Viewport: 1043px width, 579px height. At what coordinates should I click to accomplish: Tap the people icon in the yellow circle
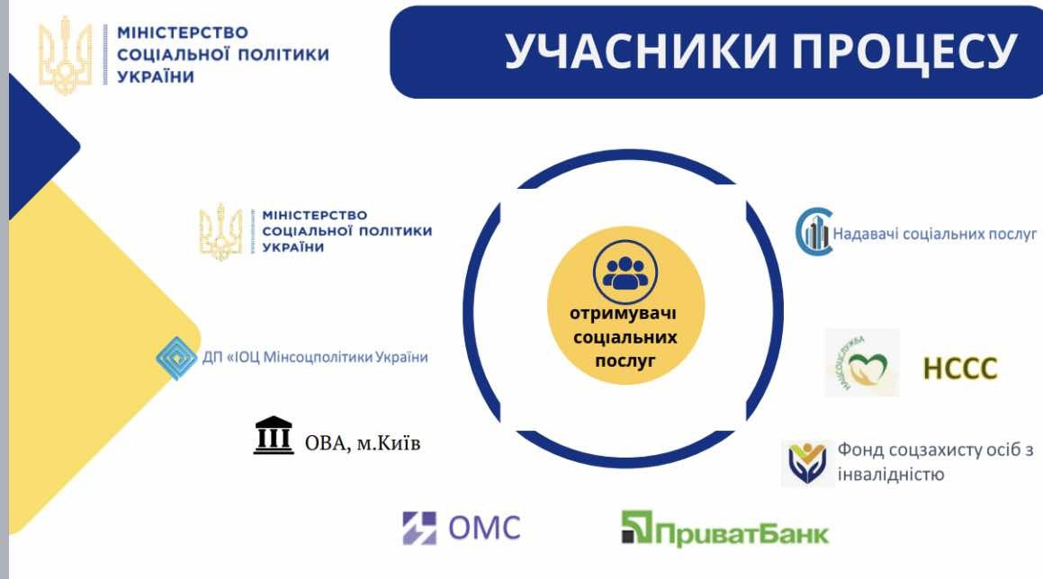[x=625, y=272]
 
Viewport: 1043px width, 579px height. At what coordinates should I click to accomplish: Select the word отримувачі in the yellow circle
[x=624, y=314]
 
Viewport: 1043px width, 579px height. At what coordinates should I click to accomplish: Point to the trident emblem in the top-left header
[x=65, y=55]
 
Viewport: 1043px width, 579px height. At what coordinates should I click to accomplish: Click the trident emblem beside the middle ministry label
[x=220, y=232]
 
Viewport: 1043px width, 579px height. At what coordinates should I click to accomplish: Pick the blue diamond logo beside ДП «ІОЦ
[x=175, y=359]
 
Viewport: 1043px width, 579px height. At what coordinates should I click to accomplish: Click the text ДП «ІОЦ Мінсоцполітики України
[x=315, y=357]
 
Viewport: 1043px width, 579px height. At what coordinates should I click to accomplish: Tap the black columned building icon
[x=274, y=435]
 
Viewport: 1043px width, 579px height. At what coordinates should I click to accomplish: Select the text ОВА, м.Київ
[x=363, y=442]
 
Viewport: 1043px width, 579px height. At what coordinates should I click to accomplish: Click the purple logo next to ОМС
[x=419, y=529]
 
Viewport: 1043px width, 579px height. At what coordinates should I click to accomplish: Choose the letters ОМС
[x=484, y=529]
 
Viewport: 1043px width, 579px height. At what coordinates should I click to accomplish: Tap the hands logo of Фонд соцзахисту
[x=807, y=463]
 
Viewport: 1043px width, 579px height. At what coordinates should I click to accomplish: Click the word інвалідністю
[x=890, y=475]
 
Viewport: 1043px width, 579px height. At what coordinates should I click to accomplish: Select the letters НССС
[x=960, y=369]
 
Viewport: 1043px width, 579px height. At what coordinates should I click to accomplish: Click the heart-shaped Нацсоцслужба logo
[x=862, y=363]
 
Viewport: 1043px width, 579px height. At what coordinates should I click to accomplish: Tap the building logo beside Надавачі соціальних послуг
[x=814, y=232]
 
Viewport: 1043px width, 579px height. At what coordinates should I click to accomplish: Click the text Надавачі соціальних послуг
[x=935, y=234]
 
